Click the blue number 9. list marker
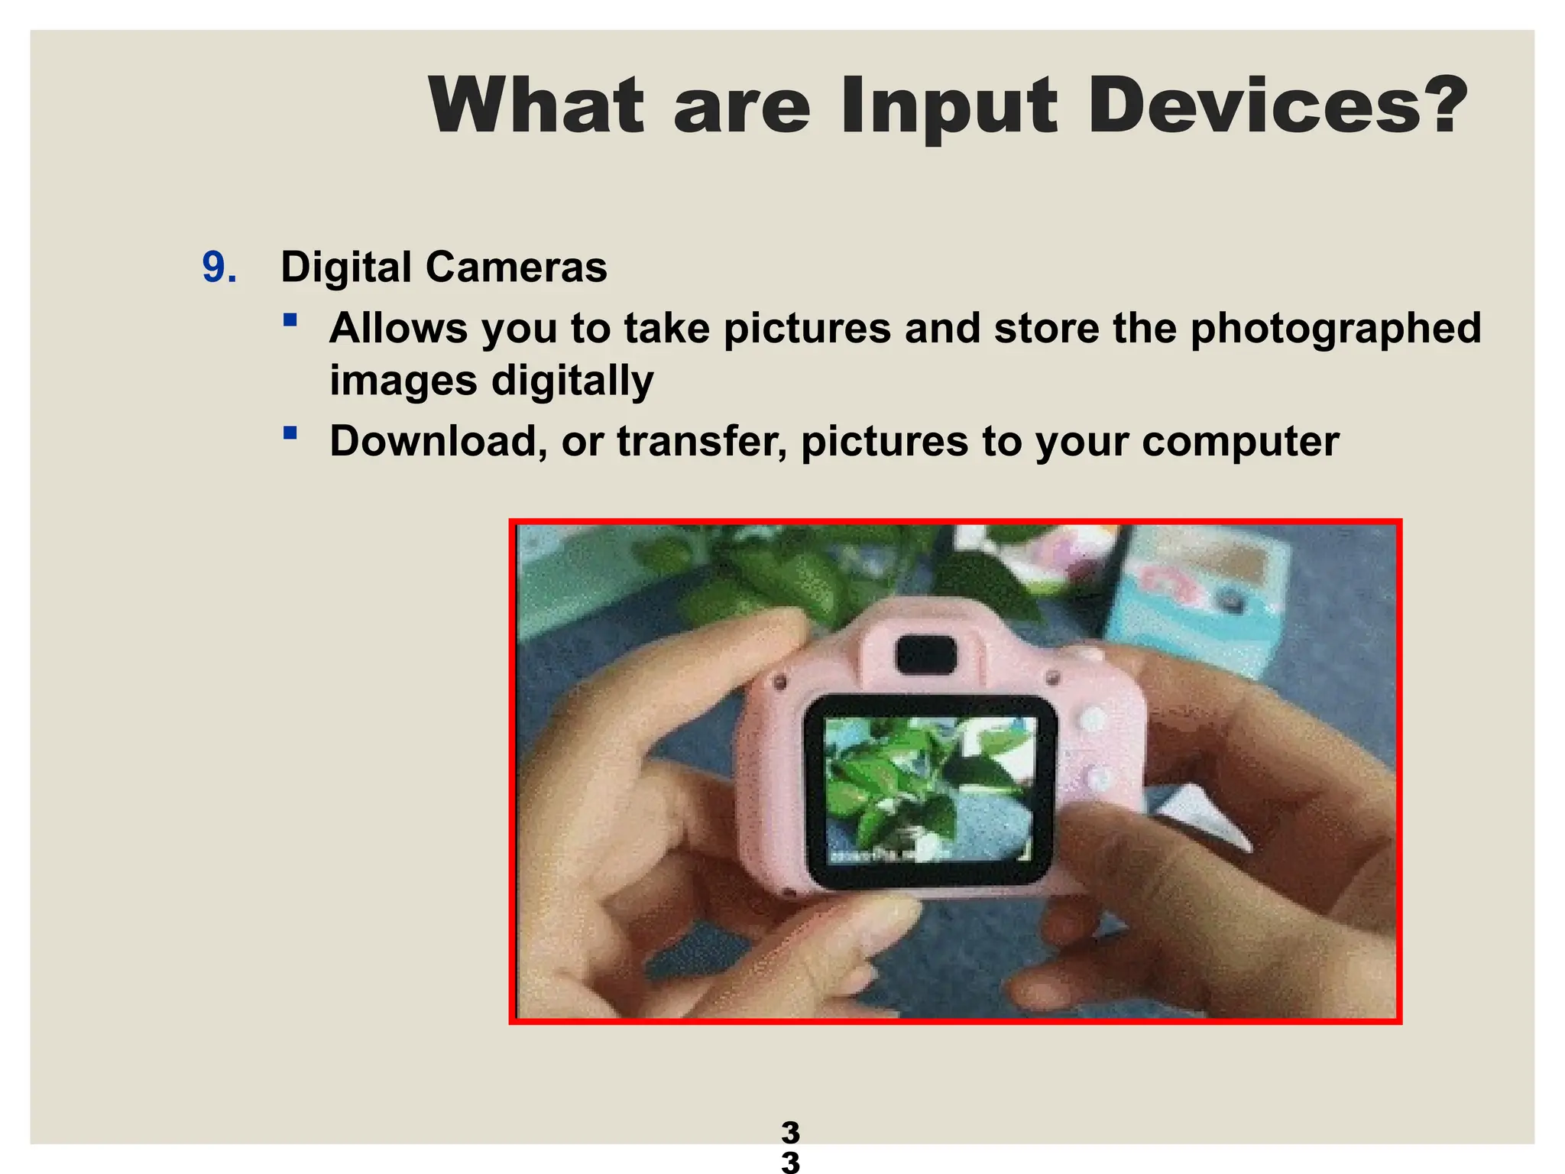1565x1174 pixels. (x=219, y=268)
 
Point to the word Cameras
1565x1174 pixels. (x=516, y=268)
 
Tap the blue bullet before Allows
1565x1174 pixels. (x=290, y=319)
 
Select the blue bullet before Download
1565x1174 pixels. (x=290, y=433)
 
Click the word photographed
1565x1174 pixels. (x=1335, y=329)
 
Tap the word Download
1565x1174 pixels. (x=438, y=441)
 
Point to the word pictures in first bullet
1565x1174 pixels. (x=807, y=329)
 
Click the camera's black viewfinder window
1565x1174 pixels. (x=926, y=656)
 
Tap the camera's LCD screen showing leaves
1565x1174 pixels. (x=931, y=791)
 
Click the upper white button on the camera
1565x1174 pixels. (x=1094, y=719)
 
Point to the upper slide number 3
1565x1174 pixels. (x=790, y=1132)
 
